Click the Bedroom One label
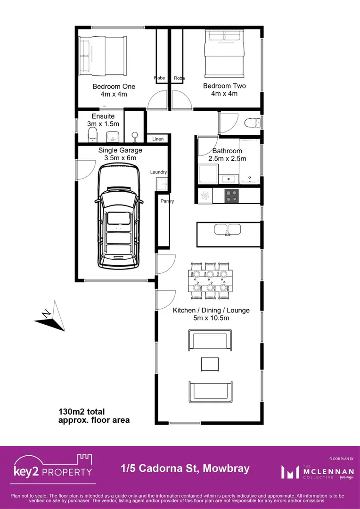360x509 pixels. click(x=114, y=87)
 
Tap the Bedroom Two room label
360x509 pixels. click(x=224, y=86)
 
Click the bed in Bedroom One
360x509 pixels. click(x=103, y=56)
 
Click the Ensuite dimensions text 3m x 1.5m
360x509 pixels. click(x=103, y=123)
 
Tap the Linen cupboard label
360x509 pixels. click(x=158, y=139)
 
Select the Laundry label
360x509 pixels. click(x=158, y=172)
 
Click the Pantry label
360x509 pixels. click(x=167, y=201)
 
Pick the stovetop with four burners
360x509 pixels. click(x=231, y=196)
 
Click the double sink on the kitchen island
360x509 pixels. click(x=228, y=230)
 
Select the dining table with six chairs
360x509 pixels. click(x=210, y=281)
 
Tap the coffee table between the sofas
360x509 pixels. click(x=210, y=364)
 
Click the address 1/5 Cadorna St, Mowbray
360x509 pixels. click(x=185, y=469)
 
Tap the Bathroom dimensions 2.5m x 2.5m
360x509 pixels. click(x=227, y=159)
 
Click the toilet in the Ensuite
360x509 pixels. click(x=92, y=134)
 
